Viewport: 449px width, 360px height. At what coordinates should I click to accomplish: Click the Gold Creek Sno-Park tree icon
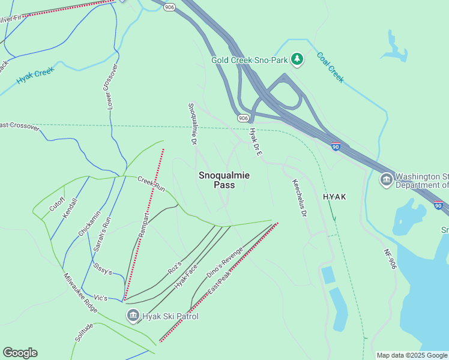297,59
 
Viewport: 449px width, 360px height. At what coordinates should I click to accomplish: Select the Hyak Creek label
35,75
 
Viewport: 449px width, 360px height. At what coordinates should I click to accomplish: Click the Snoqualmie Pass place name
224,180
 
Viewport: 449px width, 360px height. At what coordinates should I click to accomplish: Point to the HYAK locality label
336,197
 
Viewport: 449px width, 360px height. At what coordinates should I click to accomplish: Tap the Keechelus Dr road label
300,197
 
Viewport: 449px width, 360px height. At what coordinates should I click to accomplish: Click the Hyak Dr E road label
256,142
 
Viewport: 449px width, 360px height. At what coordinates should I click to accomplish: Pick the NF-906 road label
389,256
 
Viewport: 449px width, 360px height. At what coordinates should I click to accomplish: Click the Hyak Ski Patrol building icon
133,315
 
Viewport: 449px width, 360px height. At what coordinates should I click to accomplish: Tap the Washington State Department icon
386,179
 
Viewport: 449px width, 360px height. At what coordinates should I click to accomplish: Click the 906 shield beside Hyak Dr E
243,118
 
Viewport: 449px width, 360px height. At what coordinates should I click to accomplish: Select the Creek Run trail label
151,183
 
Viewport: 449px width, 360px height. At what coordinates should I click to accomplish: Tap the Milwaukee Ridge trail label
80,292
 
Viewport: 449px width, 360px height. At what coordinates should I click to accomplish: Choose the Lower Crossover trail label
108,86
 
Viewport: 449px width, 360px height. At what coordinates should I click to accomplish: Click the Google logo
20,353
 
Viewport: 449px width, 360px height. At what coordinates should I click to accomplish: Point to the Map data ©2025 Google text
411,355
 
